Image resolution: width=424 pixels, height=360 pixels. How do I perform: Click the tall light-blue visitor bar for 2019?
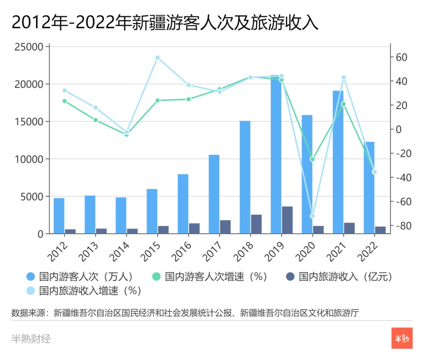[276, 157]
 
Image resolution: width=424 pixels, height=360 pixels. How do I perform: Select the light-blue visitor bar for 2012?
[59, 216]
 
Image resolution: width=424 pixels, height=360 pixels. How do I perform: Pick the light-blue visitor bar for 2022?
[369, 188]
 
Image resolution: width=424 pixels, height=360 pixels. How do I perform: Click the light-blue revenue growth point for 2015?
[157, 57]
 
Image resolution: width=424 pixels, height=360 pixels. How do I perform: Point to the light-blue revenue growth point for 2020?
[312, 216]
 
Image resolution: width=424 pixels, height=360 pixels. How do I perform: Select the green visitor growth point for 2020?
[312, 159]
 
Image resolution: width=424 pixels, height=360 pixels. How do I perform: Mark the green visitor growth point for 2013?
[95, 120]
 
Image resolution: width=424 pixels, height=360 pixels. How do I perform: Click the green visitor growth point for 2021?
[343, 104]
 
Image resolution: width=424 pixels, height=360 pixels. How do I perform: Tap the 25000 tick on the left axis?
[29, 47]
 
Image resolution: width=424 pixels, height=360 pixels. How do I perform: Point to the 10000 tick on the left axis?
[29, 159]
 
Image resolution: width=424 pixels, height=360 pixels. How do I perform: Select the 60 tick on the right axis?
[401, 57]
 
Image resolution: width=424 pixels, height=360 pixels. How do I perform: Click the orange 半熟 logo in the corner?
[402, 338]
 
